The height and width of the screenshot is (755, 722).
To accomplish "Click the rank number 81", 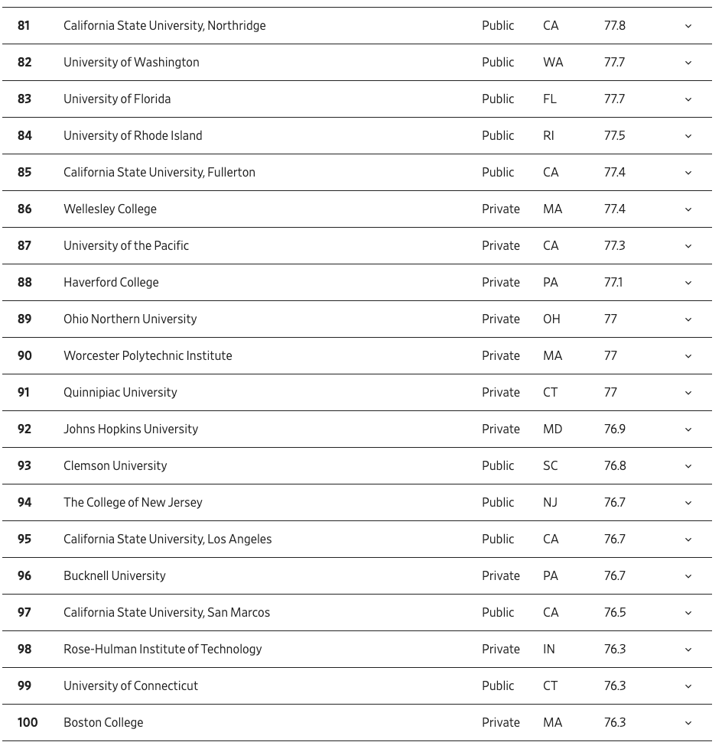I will tap(24, 26).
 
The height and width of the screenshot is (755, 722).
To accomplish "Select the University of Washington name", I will tap(131, 63).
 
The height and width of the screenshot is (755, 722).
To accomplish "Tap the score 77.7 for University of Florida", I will tap(614, 99).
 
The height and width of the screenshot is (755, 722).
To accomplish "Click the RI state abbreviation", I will tap(548, 136).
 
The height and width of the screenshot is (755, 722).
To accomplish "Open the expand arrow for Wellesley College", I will tap(688, 209).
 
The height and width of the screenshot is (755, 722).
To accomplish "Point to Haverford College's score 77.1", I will tap(613, 283).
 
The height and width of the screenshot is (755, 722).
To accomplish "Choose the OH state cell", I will tap(551, 319).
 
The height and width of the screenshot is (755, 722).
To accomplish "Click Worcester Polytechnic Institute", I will tap(148, 356).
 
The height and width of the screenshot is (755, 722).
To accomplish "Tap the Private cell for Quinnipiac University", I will tap(500, 393).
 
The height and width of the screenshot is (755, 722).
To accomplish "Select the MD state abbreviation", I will tap(552, 429).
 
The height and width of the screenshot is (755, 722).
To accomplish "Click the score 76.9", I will tap(614, 429).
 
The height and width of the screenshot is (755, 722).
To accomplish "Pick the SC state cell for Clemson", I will tap(550, 466).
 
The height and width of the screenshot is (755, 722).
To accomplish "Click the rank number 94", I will tap(24, 503).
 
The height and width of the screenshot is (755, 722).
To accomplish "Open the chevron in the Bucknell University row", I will tap(688, 576).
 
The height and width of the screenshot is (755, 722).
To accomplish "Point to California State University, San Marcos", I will tap(167, 613).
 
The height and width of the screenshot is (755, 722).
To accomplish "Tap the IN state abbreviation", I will tap(548, 650).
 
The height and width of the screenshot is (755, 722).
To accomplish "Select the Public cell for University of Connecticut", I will tap(498, 686).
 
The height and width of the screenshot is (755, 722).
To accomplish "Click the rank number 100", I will tap(28, 723).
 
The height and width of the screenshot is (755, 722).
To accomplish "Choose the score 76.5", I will tap(614, 613).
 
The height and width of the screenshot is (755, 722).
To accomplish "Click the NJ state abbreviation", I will tap(550, 503).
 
